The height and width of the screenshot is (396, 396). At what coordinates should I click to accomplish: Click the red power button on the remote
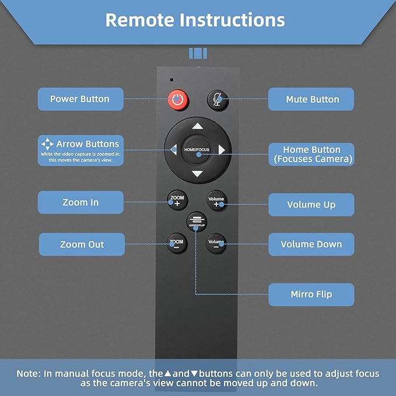coord(178,100)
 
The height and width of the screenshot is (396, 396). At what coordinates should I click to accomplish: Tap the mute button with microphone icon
coord(217,100)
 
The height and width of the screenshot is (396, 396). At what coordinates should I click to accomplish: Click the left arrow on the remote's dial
coord(174,150)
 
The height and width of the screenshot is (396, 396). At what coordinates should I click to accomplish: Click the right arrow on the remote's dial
coord(222,150)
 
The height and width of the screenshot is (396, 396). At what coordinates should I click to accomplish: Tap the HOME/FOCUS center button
coord(198,150)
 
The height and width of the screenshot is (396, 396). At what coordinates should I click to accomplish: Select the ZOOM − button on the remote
coord(176,243)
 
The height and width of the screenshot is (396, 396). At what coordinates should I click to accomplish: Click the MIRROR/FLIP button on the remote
coord(197,222)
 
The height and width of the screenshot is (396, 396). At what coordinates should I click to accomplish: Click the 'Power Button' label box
coord(80,99)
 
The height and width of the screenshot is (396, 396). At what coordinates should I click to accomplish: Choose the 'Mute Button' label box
coord(311,100)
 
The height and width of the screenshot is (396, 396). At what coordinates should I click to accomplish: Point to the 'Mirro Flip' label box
coord(311,294)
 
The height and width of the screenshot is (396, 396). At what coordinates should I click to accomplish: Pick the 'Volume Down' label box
coord(311,244)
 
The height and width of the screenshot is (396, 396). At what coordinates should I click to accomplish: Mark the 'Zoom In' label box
coord(80,202)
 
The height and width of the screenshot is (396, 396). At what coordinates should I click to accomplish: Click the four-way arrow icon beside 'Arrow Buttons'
coord(47,143)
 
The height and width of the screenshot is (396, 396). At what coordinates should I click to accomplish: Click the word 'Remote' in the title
coord(140,20)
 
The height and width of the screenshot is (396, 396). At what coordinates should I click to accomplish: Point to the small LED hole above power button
coord(171,79)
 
